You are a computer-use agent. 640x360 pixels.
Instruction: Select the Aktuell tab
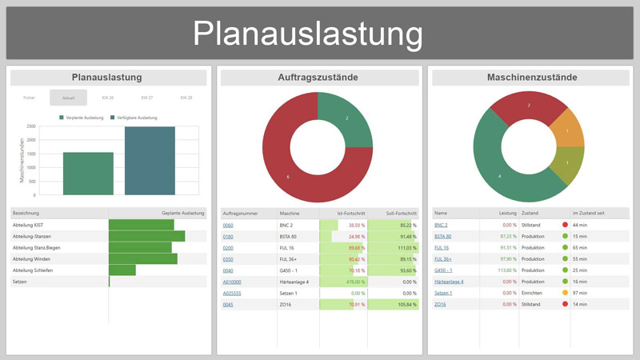(x=68, y=98)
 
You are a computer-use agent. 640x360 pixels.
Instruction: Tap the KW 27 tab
(x=146, y=98)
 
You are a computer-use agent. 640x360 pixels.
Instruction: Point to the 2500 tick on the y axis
(x=30, y=126)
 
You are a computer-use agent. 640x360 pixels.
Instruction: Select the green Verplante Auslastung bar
(x=88, y=173)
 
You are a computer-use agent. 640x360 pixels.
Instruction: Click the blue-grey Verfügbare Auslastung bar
(x=150, y=161)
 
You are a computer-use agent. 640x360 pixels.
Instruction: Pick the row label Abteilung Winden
(x=32, y=259)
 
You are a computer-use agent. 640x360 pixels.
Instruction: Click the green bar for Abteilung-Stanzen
(x=146, y=237)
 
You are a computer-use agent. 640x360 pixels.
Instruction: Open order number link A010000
(x=232, y=282)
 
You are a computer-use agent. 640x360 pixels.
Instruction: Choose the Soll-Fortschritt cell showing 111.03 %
(x=403, y=248)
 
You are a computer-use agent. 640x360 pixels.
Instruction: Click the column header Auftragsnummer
(x=242, y=214)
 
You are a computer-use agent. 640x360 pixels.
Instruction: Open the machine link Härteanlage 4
(x=449, y=282)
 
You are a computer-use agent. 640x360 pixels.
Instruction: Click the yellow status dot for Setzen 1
(x=565, y=293)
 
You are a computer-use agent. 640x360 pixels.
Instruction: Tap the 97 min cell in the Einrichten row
(x=580, y=293)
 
